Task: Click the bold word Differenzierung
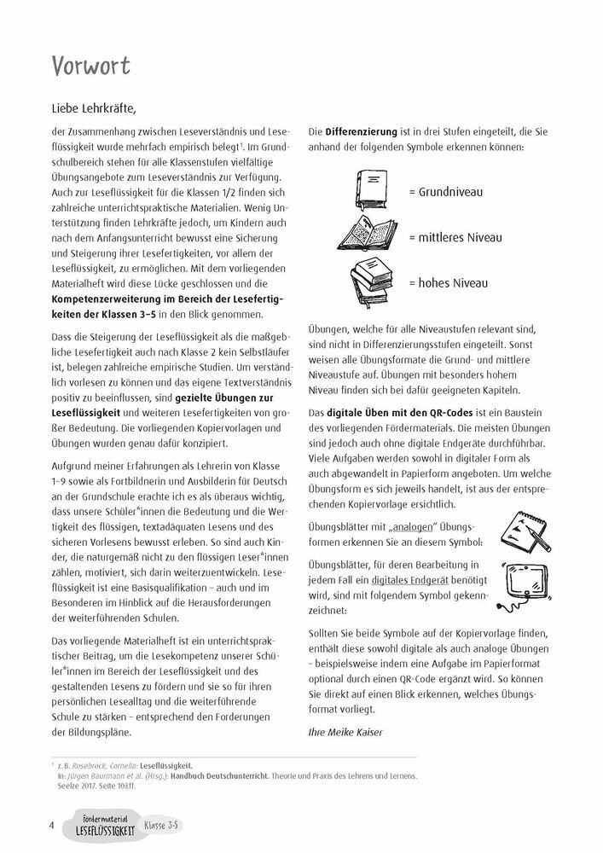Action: (x=362, y=132)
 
